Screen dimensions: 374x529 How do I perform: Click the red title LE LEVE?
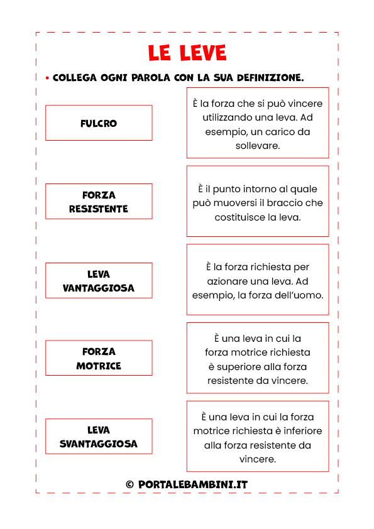click(187, 53)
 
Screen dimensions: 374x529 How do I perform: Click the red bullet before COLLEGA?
click(47, 79)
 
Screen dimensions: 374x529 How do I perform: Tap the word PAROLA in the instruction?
click(151, 78)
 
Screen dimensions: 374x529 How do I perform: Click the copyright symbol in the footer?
click(129, 484)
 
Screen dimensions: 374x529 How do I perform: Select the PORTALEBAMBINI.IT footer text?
click(193, 484)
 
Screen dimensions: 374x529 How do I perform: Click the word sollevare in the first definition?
click(258, 146)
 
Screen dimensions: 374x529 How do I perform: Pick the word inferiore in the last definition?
click(303, 431)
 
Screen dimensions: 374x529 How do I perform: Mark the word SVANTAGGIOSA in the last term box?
click(99, 444)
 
